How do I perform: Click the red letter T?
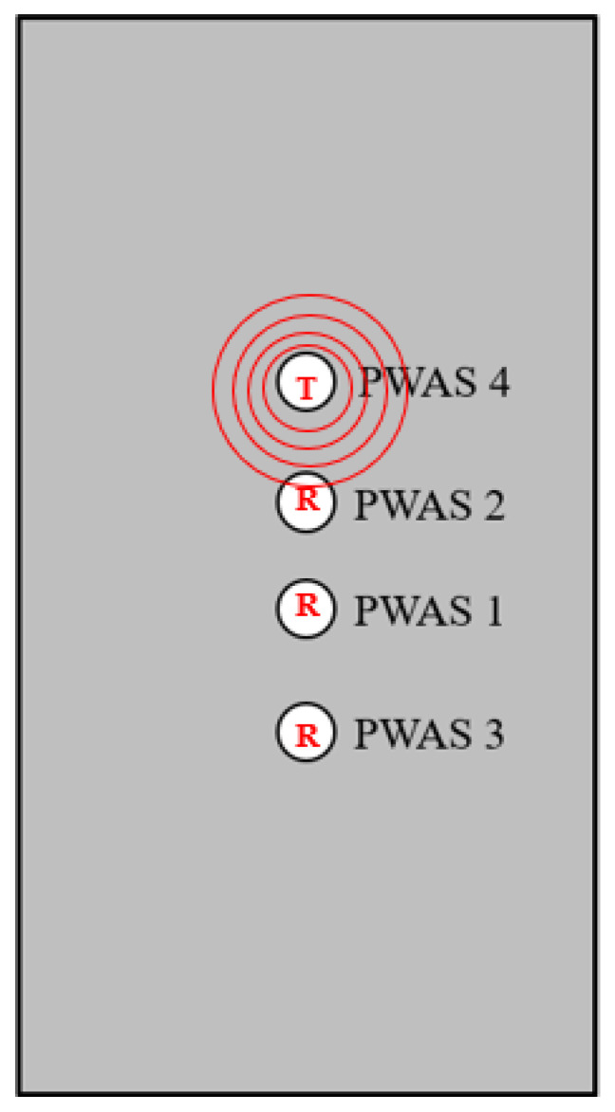coord(306,387)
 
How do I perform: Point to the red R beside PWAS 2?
coord(307,500)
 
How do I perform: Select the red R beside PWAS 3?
coord(307,734)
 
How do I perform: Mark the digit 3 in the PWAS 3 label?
coord(491,734)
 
